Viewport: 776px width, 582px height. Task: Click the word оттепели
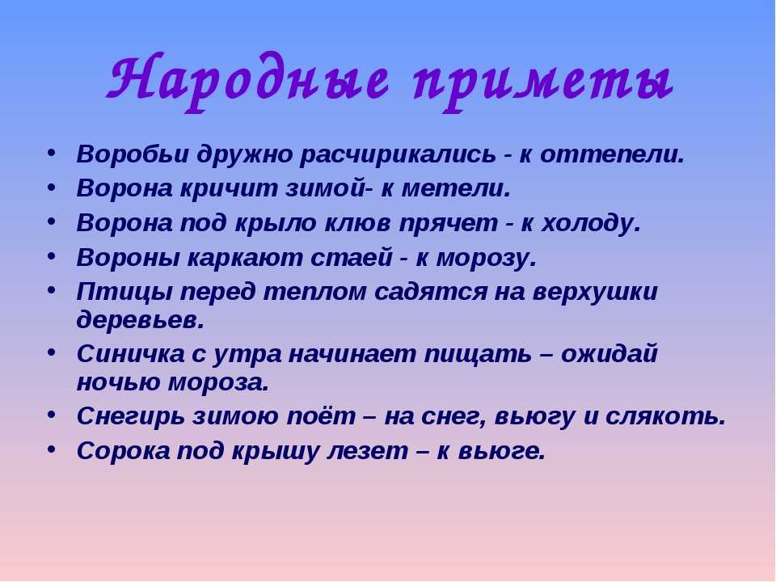tap(612, 155)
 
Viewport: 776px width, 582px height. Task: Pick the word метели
tap(455, 188)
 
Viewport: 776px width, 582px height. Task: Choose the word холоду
tap(590, 224)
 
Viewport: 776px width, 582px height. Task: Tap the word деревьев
tap(140, 321)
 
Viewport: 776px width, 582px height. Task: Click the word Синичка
tap(131, 354)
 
